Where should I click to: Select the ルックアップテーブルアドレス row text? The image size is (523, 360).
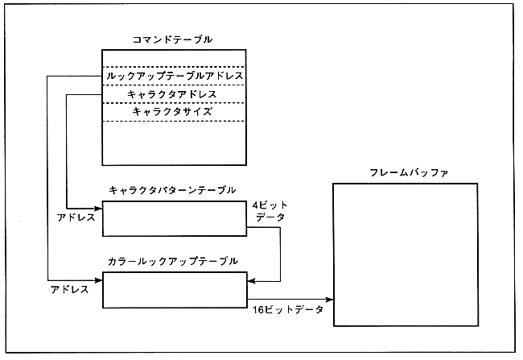(x=174, y=77)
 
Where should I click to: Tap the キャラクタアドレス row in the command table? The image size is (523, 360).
(x=173, y=94)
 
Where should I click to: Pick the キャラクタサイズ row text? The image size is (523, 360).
(x=173, y=112)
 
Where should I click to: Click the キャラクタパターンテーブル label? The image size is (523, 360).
(x=172, y=190)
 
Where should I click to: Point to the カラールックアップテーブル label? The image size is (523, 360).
(x=172, y=262)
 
